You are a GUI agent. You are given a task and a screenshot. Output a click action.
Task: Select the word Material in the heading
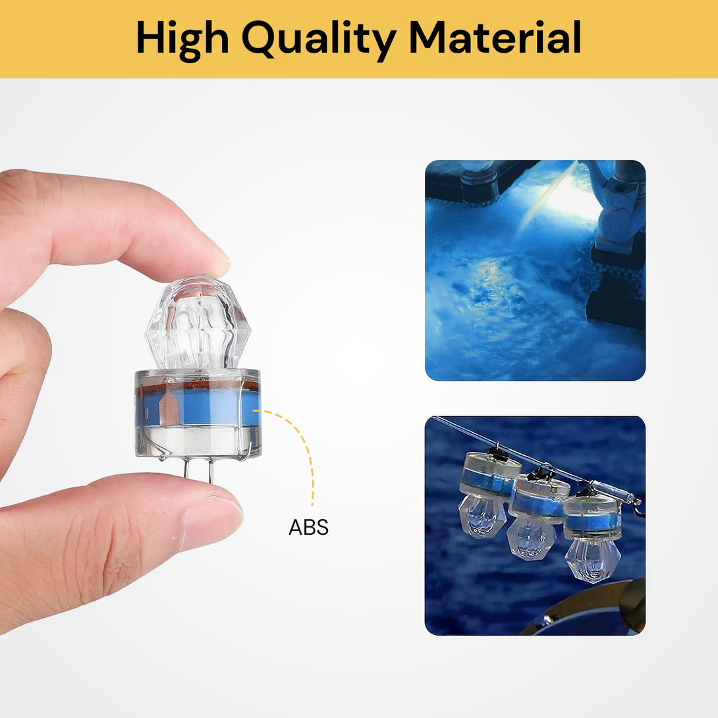(x=495, y=38)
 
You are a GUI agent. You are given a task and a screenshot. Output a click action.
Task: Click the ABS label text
(x=308, y=528)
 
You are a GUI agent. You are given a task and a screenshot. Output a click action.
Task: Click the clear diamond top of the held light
(x=197, y=323)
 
